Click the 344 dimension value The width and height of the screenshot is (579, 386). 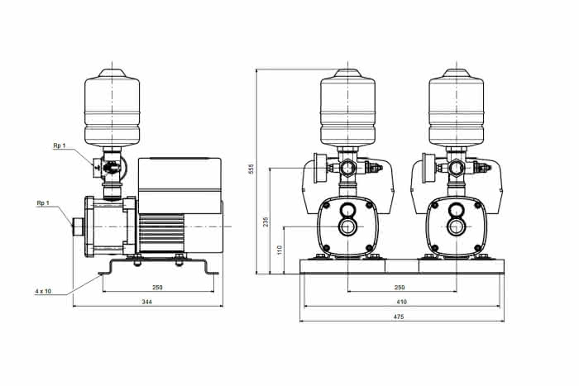pos(147,302)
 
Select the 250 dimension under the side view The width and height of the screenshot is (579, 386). pos(157,288)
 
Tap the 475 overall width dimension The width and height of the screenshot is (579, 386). pos(399,317)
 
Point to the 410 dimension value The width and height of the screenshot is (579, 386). pos(401,302)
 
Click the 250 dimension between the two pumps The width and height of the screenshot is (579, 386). pos(400,287)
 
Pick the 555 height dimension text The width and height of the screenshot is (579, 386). pos(251,169)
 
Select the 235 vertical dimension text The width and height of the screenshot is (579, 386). pos(266,222)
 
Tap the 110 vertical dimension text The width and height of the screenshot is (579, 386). pos(280,250)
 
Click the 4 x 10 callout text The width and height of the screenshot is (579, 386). pos(44,291)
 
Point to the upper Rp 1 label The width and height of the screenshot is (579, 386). pos(59,145)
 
